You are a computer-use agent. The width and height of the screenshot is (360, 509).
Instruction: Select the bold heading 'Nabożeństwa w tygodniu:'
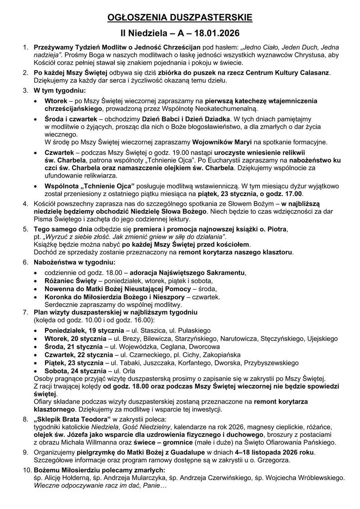[x=75, y=262]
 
